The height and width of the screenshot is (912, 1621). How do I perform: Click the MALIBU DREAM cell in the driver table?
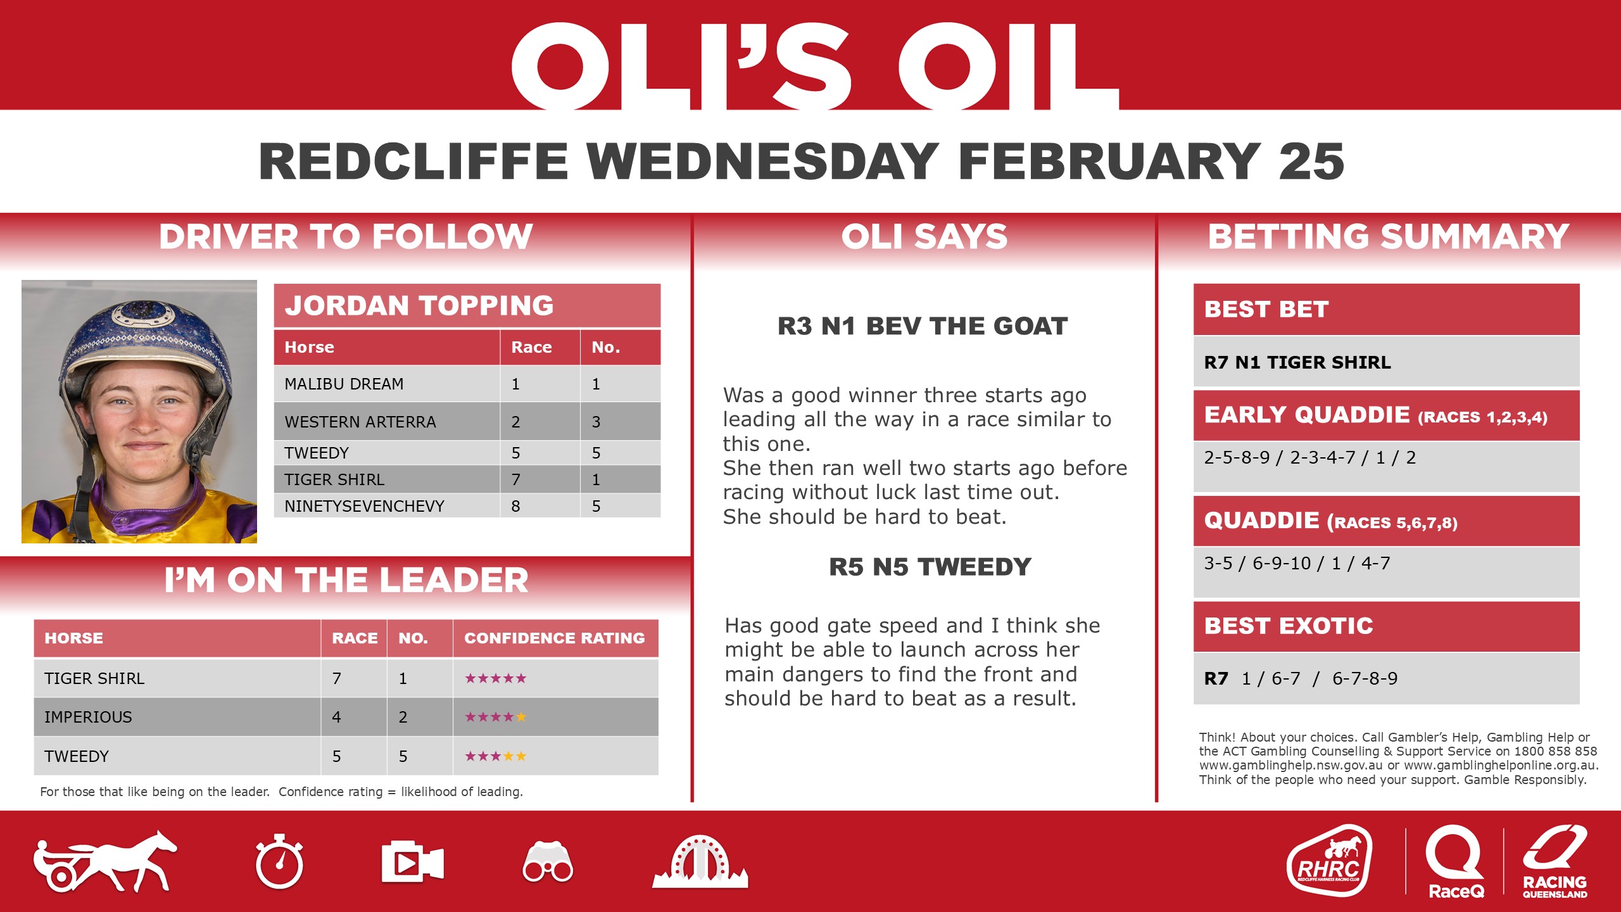point(344,384)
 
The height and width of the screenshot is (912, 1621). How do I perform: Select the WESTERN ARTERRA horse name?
point(360,422)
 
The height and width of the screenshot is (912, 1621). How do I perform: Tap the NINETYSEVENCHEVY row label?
point(364,506)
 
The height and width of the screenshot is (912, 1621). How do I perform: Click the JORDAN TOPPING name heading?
point(419,305)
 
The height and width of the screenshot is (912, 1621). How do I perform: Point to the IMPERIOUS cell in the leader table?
point(88,717)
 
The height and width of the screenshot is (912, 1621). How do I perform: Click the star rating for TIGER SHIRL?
point(495,678)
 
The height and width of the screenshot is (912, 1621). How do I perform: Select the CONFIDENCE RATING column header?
point(554,638)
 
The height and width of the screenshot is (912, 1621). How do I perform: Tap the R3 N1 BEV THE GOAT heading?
point(922,326)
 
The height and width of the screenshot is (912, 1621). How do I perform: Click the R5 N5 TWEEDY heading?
point(930,567)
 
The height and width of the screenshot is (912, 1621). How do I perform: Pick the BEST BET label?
point(1266,309)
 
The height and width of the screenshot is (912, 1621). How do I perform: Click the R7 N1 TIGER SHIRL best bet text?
point(1297,362)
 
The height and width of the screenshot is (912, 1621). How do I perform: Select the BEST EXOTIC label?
point(1289,626)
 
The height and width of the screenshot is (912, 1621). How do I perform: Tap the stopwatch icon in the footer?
point(279,862)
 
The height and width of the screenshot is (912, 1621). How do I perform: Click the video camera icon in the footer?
point(412,862)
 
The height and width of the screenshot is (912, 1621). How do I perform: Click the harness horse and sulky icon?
point(104,861)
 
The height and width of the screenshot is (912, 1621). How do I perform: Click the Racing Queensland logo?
point(1555,861)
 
